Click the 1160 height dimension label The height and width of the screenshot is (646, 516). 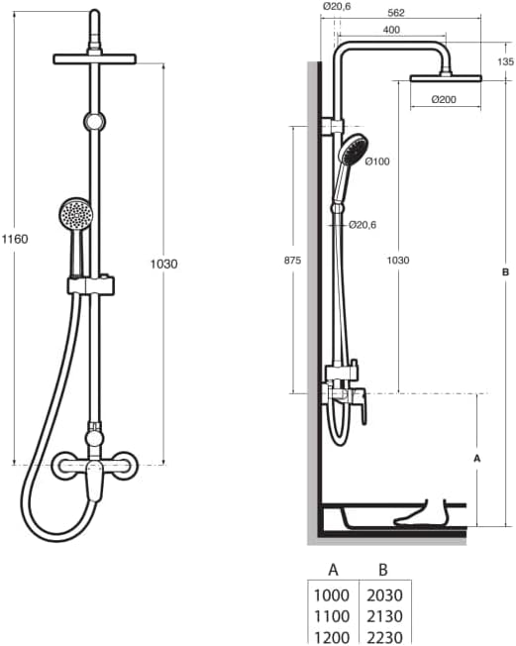click(15, 239)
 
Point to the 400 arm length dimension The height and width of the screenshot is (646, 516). click(392, 31)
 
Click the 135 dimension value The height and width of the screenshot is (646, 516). click(505, 61)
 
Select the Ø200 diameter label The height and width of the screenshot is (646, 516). click(445, 98)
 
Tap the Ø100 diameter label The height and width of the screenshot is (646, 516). click(378, 161)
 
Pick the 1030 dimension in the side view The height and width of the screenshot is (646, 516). click(398, 260)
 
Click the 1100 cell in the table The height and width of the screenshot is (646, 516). click(333, 615)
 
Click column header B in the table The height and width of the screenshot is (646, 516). click(382, 570)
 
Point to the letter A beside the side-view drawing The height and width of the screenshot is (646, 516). click(477, 459)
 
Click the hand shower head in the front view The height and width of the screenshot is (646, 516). click(75, 213)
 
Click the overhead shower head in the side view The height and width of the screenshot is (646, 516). click(445, 77)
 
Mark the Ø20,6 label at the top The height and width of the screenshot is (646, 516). click(338, 6)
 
